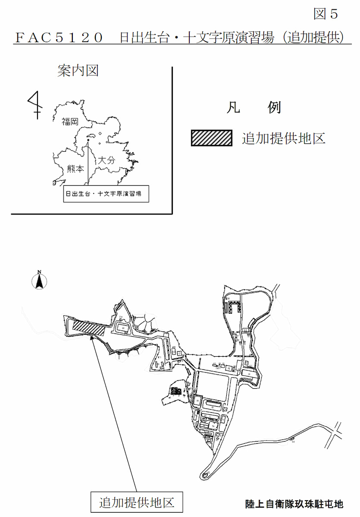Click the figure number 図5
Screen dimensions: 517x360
tap(326, 14)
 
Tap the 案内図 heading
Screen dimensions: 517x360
tap(78, 70)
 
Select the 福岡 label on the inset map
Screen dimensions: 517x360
tap(69, 122)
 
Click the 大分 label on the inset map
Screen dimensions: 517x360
tap(106, 160)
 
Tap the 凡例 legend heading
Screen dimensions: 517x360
tap(254, 108)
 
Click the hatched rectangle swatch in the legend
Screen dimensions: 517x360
tap(212, 138)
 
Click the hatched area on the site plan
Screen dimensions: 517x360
tap(89, 327)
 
